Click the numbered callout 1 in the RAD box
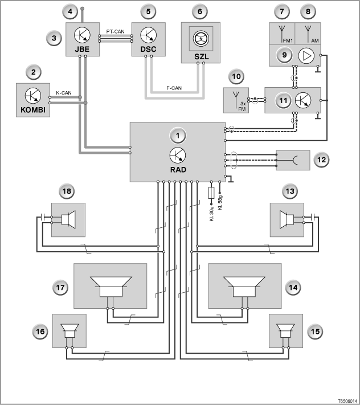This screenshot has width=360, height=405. click(178, 136)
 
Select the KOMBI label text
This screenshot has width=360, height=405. click(33, 110)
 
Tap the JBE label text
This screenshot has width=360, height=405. click(82, 49)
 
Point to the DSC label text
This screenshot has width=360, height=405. click(148, 49)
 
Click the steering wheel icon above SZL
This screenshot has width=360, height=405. click(201, 39)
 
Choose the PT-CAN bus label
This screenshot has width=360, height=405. click(116, 31)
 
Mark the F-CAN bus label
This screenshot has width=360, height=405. click(174, 88)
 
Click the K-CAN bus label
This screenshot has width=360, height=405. click(64, 93)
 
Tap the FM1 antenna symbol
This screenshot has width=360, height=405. click(282, 34)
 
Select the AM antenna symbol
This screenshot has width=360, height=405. click(308, 34)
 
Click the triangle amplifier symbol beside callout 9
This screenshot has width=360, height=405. click(306, 56)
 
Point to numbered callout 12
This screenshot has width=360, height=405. click(321, 160)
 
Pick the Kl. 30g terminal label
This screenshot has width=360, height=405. click(212, 214)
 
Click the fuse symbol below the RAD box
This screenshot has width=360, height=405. click(211, 193)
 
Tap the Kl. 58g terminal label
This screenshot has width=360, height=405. click(220, 203)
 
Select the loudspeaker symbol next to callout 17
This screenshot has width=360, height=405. click(111, 287)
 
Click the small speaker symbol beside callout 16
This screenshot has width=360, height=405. click(69, 331)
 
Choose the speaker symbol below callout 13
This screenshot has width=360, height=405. click(287, 220)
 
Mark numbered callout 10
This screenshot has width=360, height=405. click(236, 77)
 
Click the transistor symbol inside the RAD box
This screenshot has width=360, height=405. click(178, 156)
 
